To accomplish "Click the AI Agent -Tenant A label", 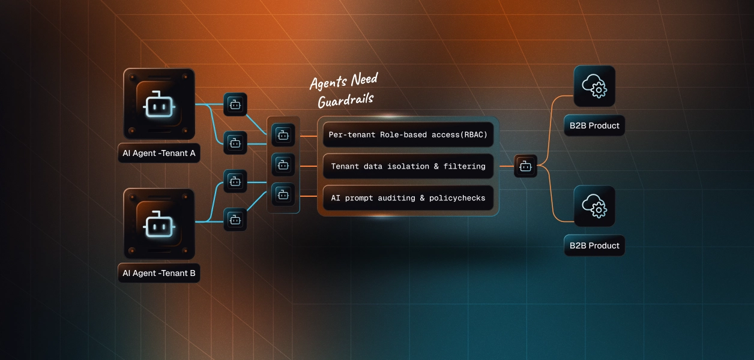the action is click(159, 153).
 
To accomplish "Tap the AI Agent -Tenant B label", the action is click(159, 273).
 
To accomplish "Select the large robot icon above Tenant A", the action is click(159, 104).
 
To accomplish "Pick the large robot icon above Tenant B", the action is click(159, 224).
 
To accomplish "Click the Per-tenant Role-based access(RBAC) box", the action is click(408, 135).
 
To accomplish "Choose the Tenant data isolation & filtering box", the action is click(408, 166).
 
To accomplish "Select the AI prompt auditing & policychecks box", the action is click(408, 198).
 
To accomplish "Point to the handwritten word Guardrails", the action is click(345, 99).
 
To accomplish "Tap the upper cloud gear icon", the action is click(594, 86).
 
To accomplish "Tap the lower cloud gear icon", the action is click(594, 206).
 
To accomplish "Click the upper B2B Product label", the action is click(594, 126).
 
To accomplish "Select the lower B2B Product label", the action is click(594, 245).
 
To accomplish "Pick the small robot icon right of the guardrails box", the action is click(525, 166).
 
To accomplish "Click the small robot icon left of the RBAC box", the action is click(283, 135).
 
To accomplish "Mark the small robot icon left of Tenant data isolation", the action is click(283, 164).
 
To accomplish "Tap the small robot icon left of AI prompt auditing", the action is click(283, 194).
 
